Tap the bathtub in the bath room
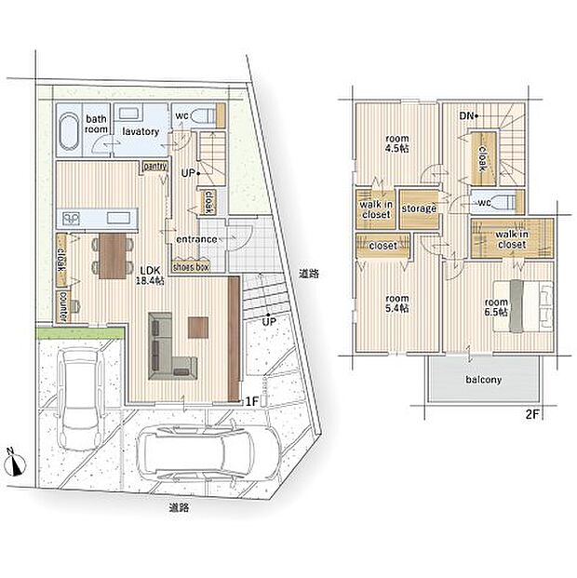coord(69,130)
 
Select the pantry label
coord(155,167)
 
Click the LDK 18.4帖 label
coord(150,276)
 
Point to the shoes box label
coord(191,267)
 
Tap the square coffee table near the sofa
coord(198,328)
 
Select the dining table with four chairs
coord(113,256)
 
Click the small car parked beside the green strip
coord(81,399)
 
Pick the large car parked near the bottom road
coord(209,453)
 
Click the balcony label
coord(483,380)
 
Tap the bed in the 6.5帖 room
coord(523,306)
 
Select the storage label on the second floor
coord(419,208)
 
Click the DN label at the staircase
coord(466,116)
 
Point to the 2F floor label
coord(532,415)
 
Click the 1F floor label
coord(252,401)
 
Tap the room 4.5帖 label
coord(397,143)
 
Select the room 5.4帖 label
coord(397,303)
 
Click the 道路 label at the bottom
coord(180,508)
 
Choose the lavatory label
coord(141,131)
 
